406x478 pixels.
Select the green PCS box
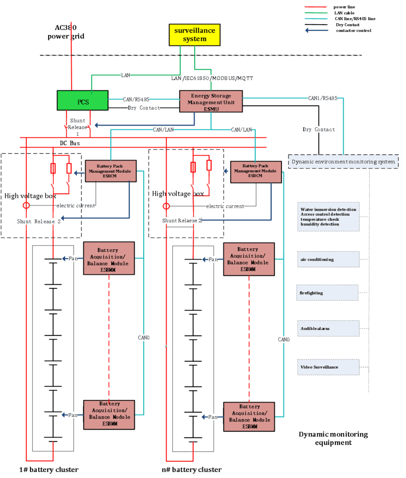pos(83,101)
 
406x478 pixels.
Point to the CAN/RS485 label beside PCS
pos(136,99)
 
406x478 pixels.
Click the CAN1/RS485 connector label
pos(322,98)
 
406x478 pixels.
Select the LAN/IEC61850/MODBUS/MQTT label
pos(212,78)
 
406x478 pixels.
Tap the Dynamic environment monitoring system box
pos(343,162)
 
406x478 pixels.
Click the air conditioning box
pos(328,259)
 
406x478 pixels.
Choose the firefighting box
pos(328,293)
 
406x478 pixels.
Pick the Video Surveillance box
pos(328,367)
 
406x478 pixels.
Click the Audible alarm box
pos(328,329)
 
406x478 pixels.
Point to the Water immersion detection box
pos(328,217)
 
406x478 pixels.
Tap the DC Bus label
pos(70,143)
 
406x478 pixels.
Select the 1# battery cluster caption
pos(49,469)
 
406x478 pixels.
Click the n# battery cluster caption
pos(192,469)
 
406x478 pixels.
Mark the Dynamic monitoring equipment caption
pos(333,438)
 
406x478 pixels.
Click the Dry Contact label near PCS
pos(144,108)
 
